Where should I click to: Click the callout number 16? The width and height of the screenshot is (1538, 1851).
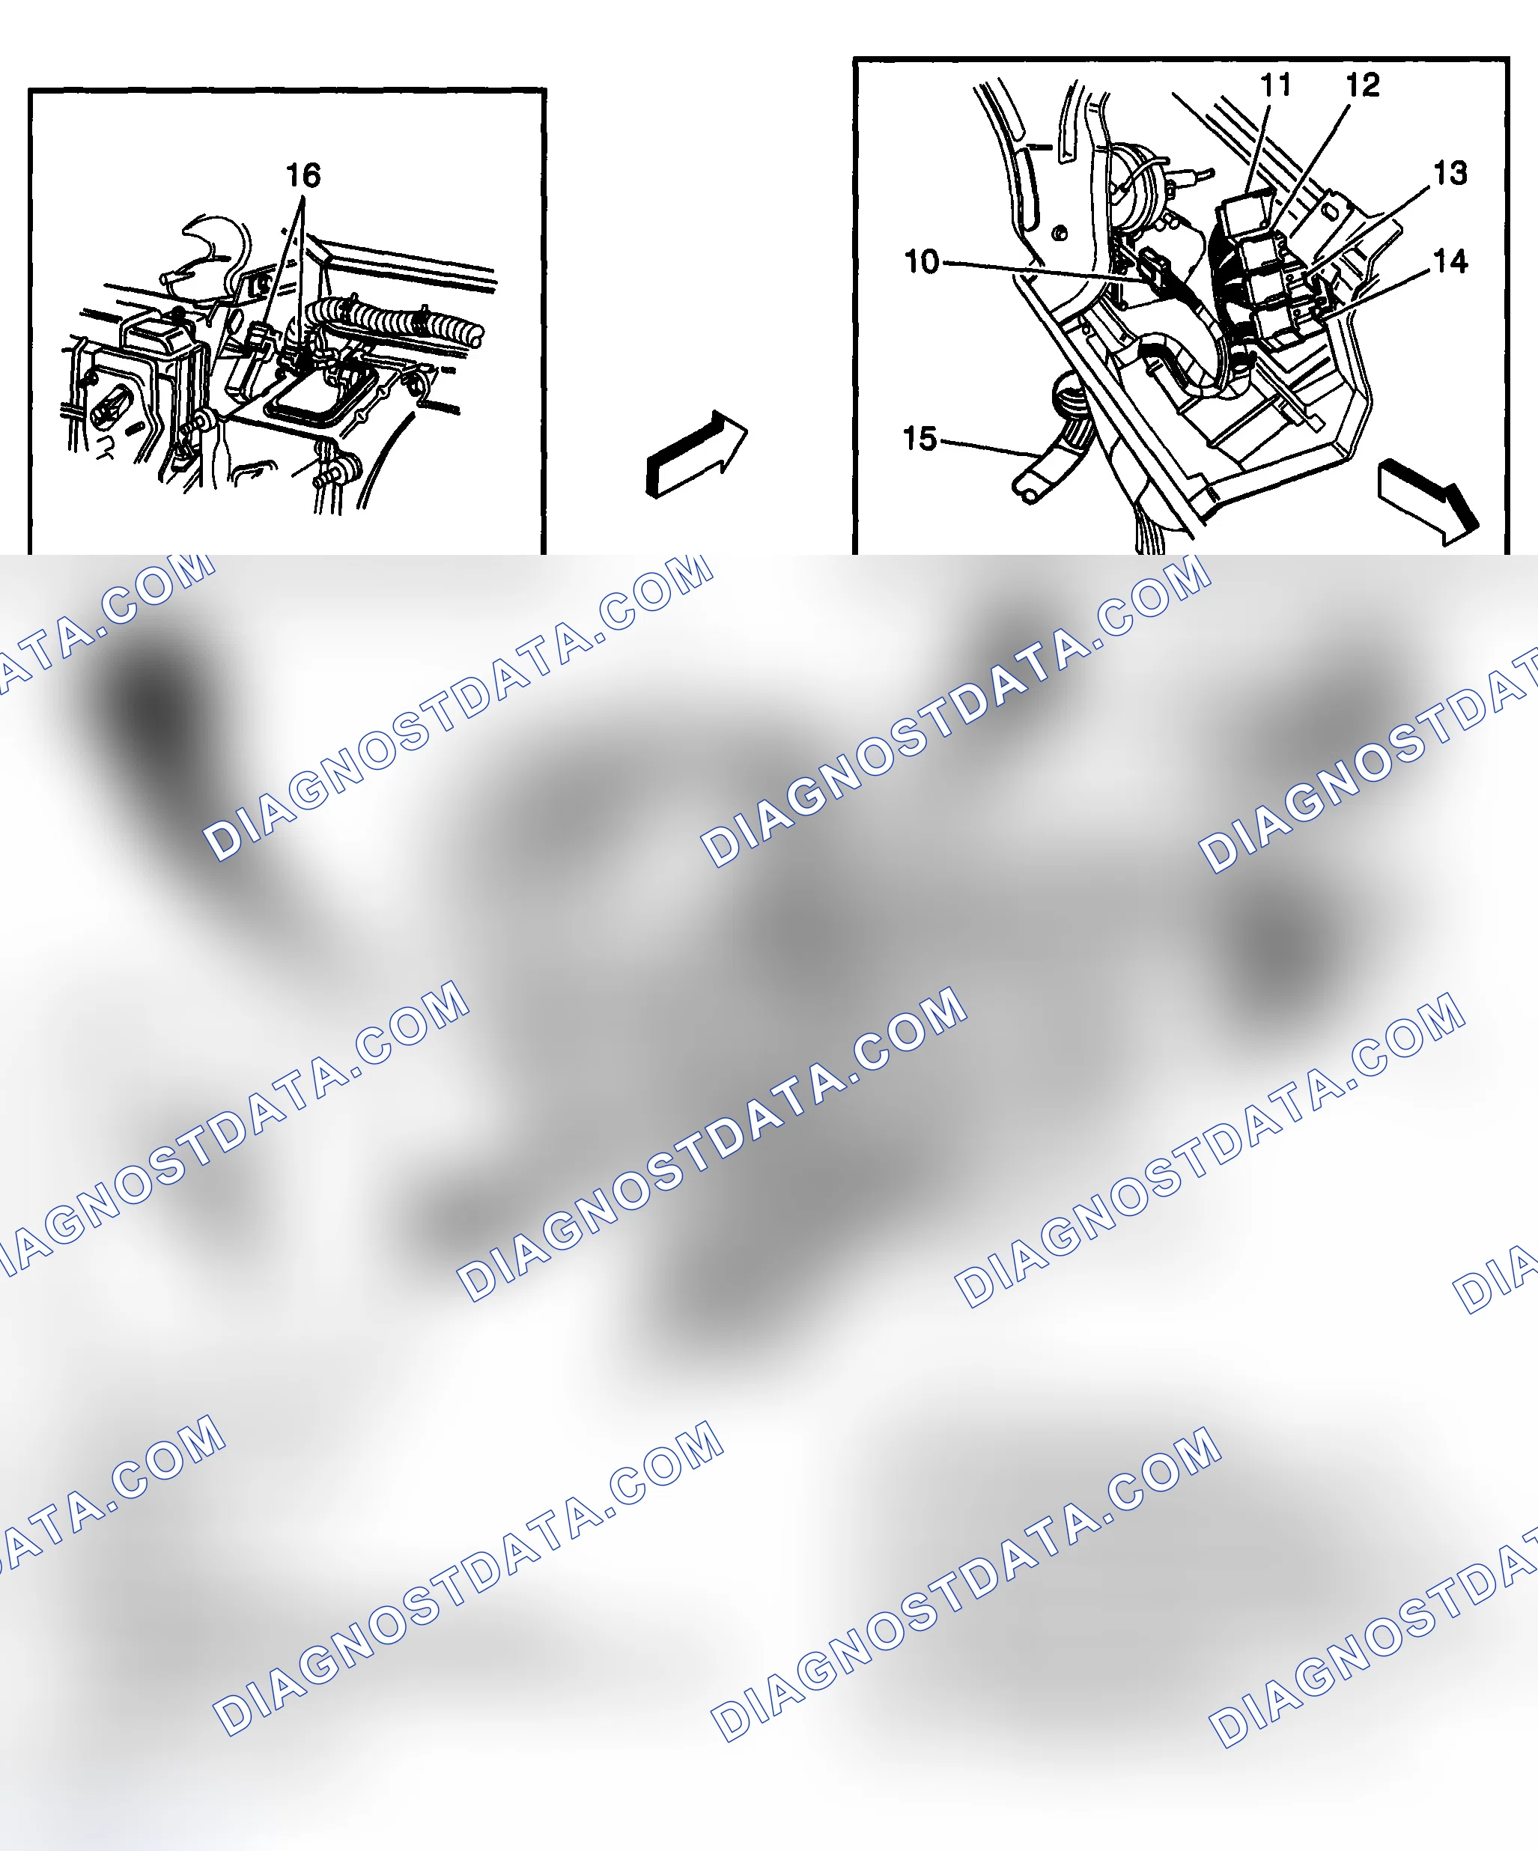tap(303, 174)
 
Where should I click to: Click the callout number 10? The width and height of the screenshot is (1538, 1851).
tap(922, 262)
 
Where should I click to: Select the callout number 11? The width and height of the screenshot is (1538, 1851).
tap(1275, 85)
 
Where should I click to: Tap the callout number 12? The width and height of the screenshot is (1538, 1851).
tap(1363, 85)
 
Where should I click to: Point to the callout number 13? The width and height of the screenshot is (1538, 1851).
tap(1450, 173)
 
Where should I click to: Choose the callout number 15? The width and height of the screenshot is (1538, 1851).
tap(920, 438)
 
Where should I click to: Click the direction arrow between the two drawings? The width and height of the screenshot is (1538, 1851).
tap(696, 454)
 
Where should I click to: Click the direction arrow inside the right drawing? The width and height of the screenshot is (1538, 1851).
tap(1428, 502)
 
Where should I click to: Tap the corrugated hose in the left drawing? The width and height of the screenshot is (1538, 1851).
tap(397, 319)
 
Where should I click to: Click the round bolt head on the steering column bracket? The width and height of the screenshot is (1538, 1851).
tap(1060, 234)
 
